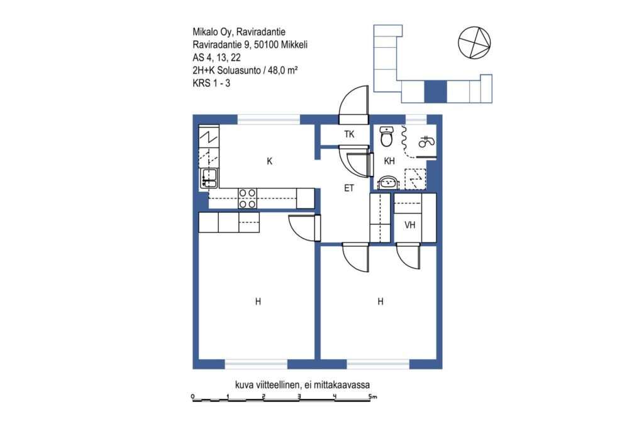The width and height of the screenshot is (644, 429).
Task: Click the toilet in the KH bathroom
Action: pyautogui.click(x=387, y=136)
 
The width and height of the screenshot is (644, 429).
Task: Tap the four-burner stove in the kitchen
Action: pyautogui.click(x=248, y=198)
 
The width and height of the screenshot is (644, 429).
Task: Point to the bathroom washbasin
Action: pyautogui.click(x=387, y=183)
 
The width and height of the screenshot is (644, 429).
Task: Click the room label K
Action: pyautogui.click(x=269, y=161)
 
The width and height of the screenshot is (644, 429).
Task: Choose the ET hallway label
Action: pyautogui.click(x=348, y=188)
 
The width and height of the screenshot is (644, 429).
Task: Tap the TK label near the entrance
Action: pyautogui.click(x=349, y=134)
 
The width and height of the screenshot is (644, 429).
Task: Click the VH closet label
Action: pyautogui.click(x=410, y=225)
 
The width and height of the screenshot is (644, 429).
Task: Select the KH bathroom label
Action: pyautogui.click(x=389, y=161)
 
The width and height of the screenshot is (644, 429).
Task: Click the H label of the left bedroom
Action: pyautogui.click(x=258, y=302)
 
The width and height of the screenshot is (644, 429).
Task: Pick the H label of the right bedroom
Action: pyautogui.click(x=380, y=302)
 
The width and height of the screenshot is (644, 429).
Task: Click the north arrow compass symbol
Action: pyautogui.click(x=474, y=43)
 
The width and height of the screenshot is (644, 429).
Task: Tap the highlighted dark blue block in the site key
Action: pyautogui.click(x=435, y=92)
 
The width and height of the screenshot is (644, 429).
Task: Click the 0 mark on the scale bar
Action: pyautogui.click(x=192, y=396)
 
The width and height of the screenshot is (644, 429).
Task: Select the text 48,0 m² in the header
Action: pyautogui.click(x=282, y=70)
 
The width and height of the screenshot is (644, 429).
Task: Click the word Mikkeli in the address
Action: pyautogui.click(x=294, y=45)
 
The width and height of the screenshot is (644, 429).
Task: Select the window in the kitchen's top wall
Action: pyautogui.click(x=269, y=120)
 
